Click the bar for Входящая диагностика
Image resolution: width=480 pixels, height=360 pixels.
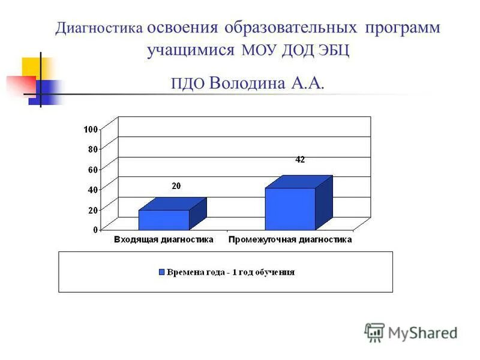click(164, 220)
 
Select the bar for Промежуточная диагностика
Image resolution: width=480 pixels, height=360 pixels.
click(290, 209)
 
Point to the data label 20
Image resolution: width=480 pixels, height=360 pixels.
click(176, 187)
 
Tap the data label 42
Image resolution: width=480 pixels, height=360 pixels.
click(300, 160)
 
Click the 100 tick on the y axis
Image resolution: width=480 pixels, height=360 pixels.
click(91, 129)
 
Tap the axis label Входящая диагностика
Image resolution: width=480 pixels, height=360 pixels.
click(164, 240)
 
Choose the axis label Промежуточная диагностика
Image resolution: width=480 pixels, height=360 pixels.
click(290, 240)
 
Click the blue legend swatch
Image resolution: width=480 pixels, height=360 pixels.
click(161, 272)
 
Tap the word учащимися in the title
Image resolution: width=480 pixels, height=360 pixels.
click(190, 50)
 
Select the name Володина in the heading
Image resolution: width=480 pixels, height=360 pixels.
click(248, 83)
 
